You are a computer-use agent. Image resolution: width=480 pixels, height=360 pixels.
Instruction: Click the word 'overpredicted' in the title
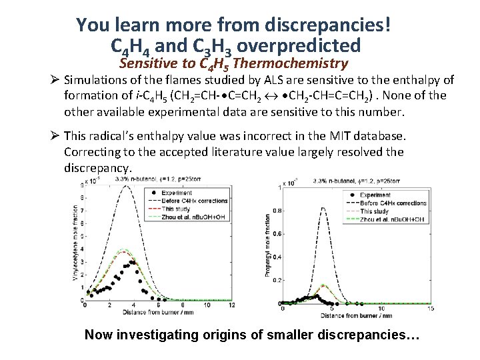[299, 46]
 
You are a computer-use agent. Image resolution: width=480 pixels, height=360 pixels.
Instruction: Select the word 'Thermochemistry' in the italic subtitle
[291, 64]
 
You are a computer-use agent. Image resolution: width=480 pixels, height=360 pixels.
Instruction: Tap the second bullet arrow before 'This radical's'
[55, 137]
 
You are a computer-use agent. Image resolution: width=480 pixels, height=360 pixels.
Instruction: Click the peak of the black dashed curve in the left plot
[125, 186]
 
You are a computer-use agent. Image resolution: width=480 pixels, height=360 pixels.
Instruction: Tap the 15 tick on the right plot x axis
[431, 309]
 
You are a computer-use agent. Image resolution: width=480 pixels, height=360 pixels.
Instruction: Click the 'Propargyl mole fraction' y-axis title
[267, 246]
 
